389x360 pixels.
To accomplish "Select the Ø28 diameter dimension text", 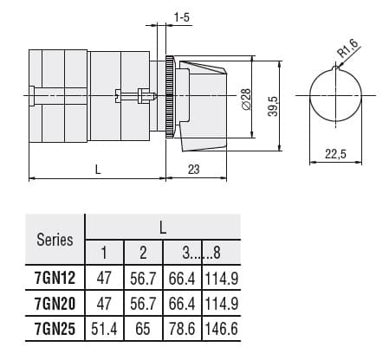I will coord(245,99).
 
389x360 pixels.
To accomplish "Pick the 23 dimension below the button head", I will coord(193,170).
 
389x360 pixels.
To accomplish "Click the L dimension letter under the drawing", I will coord(98,170).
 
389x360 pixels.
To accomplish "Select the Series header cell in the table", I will coord(55,240).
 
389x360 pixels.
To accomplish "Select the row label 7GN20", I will coord(55,305).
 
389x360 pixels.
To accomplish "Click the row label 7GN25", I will coord(55,330).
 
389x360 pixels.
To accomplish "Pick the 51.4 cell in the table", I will coord(104,330).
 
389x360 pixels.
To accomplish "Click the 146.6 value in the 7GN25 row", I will coord(222,330).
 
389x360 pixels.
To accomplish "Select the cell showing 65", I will coord(144,330).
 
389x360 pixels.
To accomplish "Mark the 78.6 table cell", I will coord(183,330).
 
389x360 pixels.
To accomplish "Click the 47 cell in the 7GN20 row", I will coord(104,305).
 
